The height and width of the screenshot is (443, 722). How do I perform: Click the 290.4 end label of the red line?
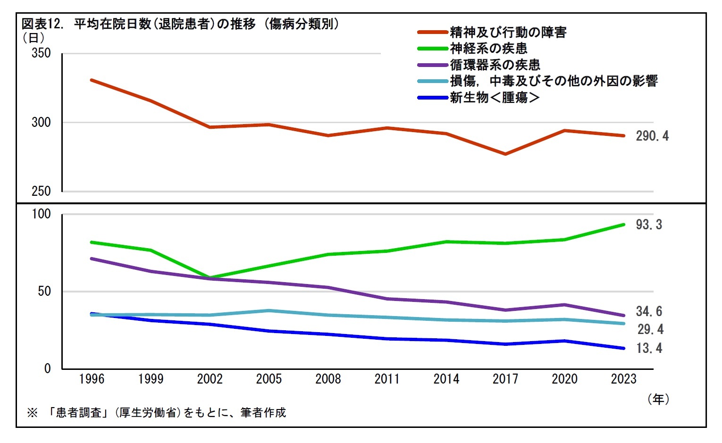(652, 136)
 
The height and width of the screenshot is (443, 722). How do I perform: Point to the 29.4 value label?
(650, 329)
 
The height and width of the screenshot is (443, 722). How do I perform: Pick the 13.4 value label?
(649, 348)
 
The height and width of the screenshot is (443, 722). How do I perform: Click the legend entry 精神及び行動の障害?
(508, 32)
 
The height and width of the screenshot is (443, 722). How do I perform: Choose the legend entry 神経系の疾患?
(488, 48)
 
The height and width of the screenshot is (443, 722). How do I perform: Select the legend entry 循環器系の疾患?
(495, 65)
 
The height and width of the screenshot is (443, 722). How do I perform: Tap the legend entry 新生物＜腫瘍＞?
(495, 98)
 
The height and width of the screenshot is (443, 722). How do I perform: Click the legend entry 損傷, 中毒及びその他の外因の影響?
(553, 81)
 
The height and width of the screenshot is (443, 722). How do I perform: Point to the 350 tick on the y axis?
(41, 53)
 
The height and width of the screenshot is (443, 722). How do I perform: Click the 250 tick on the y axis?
(41, 191)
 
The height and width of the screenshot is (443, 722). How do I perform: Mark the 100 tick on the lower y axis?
(41, 214)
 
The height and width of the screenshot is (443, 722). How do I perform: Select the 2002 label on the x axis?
(210, 379)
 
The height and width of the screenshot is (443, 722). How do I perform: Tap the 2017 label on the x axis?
(505, 379)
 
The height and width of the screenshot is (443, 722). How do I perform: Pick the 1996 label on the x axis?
(92, 379)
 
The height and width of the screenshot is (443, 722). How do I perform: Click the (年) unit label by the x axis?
(658, 399)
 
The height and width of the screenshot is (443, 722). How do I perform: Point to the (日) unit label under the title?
(34, 37)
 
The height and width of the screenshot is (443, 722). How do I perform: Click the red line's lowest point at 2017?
(505, 154)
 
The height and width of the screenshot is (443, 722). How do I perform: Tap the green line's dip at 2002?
(210, 277)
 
